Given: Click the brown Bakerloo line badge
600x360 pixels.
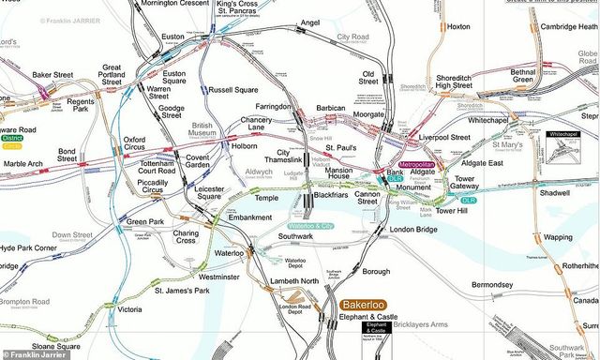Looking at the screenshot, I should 364,306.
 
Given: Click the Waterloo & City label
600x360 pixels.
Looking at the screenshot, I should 310,227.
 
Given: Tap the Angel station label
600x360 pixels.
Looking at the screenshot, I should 309,22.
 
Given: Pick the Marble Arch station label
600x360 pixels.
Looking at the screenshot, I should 22,164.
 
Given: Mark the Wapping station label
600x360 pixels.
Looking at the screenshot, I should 558,238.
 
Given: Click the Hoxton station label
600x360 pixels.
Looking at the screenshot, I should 458,27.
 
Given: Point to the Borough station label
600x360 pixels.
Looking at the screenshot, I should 376,273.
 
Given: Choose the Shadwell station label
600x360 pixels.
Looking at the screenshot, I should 555,193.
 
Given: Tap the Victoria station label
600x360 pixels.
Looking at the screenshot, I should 129,309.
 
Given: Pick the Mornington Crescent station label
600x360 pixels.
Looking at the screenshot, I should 174,5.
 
